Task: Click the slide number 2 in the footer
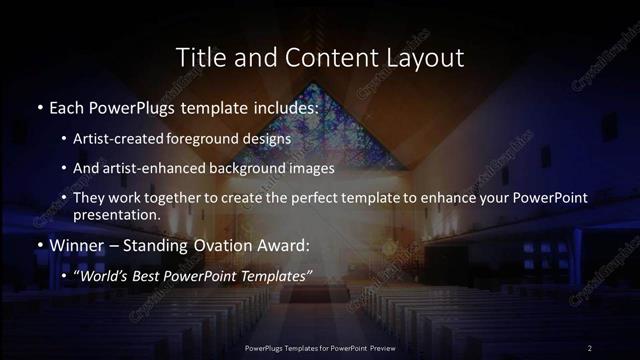click(x=590, y=347)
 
